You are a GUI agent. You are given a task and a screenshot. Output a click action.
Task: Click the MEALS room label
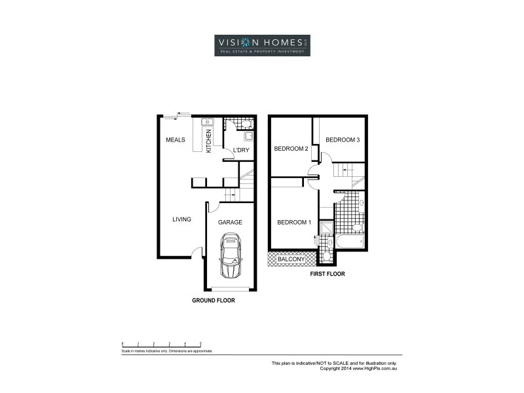point(176,140)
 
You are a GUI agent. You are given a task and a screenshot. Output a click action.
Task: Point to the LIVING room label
point(181,219)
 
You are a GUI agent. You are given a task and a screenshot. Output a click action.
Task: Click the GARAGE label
point(230,222)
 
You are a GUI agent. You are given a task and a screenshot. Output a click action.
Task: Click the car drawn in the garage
point(231,258)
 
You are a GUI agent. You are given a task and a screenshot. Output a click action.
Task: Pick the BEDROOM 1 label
point(293,222)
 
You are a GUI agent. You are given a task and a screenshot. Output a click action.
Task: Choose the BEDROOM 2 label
point(291,149)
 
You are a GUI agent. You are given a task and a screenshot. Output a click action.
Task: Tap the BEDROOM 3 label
point(343,140)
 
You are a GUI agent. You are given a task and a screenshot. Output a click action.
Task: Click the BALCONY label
point(291,259)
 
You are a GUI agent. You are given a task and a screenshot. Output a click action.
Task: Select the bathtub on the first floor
point(349,242)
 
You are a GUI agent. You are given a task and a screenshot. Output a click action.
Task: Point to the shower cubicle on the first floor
point(326,227)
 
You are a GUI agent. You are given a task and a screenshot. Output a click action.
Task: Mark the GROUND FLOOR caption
point(213,301)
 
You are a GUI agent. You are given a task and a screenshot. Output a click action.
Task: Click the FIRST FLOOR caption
point(327,274)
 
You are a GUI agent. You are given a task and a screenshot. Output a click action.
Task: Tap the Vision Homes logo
point(262,45)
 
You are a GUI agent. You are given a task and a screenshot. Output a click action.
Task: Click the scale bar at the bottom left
point(162,344)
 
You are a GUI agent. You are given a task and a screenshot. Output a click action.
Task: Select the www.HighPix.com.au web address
point(380,368)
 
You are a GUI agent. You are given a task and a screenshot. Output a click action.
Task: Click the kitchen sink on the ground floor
point(207,122)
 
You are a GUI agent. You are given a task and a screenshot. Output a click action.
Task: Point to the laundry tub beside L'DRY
point(249,136)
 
